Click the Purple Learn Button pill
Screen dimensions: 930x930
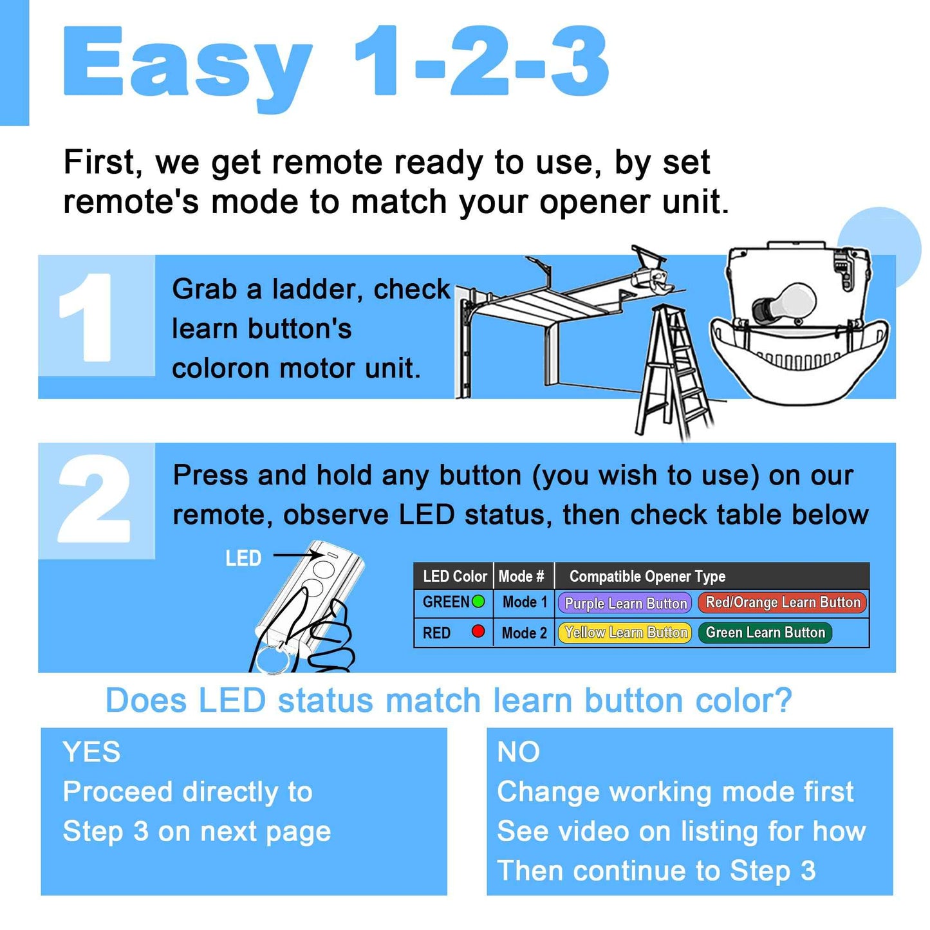624,603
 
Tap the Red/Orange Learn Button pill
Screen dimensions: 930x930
782,602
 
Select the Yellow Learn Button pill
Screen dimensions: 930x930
624,633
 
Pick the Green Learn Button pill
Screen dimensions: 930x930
765,633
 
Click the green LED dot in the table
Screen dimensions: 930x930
478,601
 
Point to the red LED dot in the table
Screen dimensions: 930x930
478,631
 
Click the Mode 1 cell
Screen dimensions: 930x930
524,602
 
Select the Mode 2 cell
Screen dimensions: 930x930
524,633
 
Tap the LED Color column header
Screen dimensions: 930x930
454,576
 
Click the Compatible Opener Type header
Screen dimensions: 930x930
647,576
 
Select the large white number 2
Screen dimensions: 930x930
95,499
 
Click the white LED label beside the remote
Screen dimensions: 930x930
243,559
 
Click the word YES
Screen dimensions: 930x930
91,752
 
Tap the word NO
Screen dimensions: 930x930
518,752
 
